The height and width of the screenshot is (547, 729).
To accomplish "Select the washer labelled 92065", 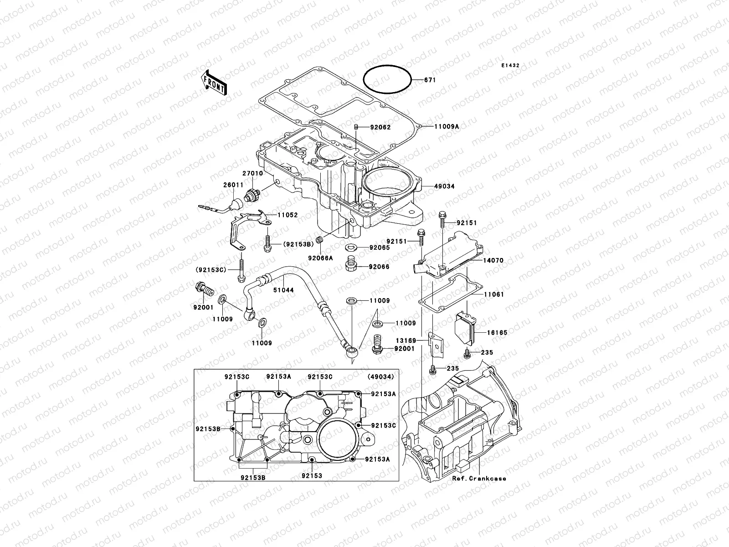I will (x=351, y=248).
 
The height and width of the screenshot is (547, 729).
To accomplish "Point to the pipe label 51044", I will (x=284, y=290).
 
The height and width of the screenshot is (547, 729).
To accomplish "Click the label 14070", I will (x=493, y=261).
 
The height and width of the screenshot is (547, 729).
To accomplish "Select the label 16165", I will (x=497, y=333).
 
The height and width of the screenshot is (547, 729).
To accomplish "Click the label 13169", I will (x=406, y=340).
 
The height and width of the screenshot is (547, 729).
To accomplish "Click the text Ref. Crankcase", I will (x=479, y=479).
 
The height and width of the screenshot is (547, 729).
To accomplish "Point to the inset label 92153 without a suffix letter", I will (x=312, y=476).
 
